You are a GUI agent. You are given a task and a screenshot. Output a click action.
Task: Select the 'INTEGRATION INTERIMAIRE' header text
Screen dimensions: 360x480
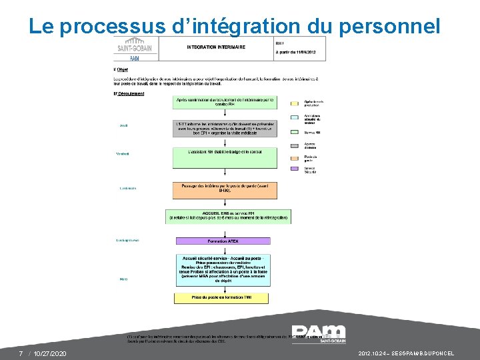click(x=215, y=47)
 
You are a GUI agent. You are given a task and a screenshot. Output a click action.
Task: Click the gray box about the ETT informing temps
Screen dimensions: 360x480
click(x=225, y=128)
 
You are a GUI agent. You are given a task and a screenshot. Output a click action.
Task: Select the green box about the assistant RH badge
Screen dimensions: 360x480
click(x=225, y=157)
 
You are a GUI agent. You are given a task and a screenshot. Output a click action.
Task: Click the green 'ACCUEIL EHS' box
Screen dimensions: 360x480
click(x=228, y=216)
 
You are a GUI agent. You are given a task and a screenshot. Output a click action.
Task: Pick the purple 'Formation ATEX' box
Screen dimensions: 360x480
click(x=223, y=241)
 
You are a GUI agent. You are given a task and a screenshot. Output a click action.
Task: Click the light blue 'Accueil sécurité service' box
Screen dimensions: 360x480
click(x=223, y=269)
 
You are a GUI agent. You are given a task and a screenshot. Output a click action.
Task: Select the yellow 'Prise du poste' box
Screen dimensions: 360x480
click(x=223, y=297)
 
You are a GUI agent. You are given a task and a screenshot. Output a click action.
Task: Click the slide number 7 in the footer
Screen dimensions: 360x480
click(x=21, y=353)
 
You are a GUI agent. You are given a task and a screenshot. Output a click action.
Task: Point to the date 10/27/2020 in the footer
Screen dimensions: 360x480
click(x=50, y=353)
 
